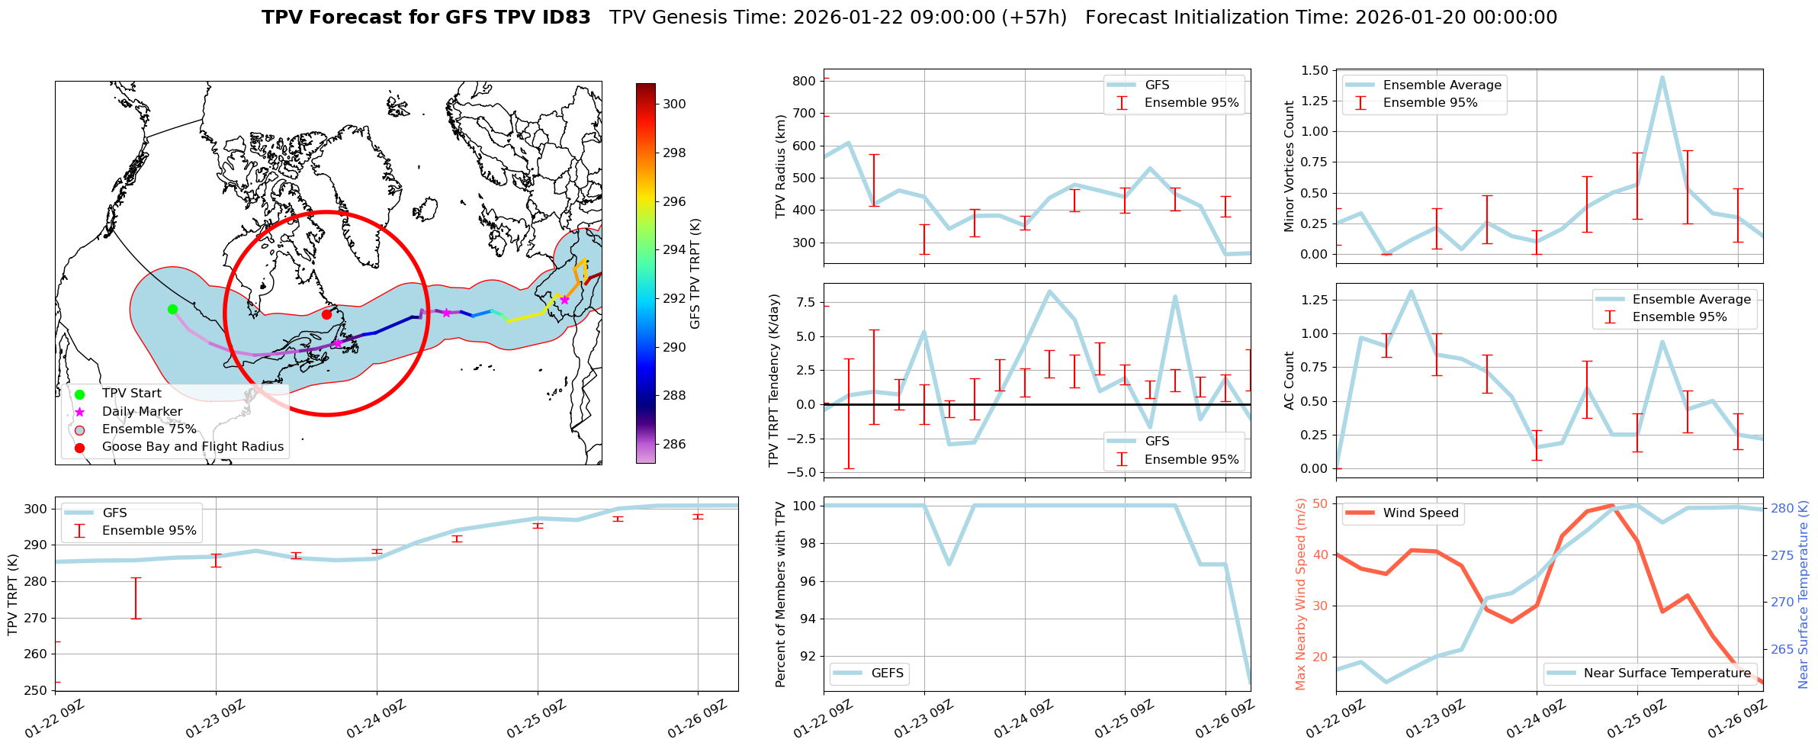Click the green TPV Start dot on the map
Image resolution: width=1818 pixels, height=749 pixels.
click(172, 309)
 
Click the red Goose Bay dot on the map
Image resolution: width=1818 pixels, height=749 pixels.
click(326, 314)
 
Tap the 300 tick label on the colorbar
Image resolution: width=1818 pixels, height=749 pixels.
click(674, 104)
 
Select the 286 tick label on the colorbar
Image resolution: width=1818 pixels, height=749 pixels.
click(674, 444)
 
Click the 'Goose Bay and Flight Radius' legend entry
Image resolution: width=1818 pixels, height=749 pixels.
click(192, 447)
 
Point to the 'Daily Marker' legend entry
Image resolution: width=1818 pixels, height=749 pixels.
click(142, 412)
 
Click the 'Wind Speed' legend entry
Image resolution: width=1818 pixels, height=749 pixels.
click(1420, 513)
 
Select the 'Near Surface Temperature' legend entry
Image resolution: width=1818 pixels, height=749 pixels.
click(1667, 673)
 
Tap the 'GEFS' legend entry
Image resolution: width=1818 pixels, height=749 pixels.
click(887, 673)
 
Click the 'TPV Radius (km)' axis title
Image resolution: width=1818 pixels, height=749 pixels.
click(780, 166)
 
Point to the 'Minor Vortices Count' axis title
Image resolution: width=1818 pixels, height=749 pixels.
click(1290, 166)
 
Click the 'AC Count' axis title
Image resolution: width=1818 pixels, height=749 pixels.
click(1290, 381)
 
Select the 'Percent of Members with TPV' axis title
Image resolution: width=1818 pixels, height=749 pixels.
click(780, 594)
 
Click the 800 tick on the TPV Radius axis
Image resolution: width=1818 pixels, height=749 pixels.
click(805, 81)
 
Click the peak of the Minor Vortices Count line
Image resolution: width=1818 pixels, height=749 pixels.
click(1662, 77)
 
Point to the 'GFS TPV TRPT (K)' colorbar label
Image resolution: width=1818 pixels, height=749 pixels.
click(695, 274)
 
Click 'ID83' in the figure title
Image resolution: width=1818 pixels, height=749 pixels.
click(564, 18)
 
